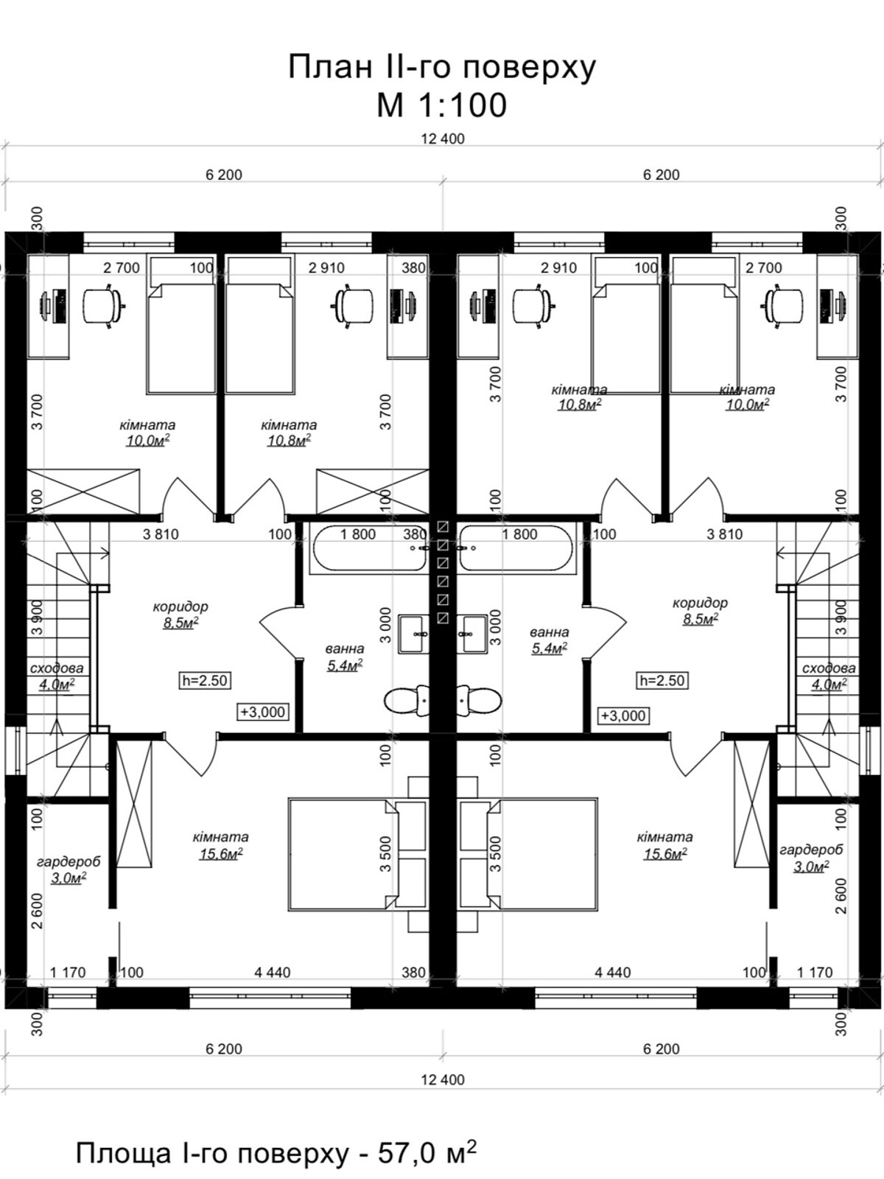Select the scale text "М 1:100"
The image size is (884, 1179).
(x=442, y=104)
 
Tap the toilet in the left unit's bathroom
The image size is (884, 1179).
(x=407, y=700)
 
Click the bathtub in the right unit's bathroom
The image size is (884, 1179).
(x=516, y=548)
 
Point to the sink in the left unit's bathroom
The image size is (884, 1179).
(x=414, y=634)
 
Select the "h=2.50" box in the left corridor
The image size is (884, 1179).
(x=205, y=681)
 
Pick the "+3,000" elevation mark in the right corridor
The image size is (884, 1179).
(x=623, y=716)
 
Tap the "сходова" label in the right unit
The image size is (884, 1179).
(x=829, y=668)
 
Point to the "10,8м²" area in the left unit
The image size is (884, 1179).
(x=289, y=441)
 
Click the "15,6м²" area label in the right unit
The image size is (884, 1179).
(x=665, y=853)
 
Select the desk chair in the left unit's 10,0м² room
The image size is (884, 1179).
(x=104, y=306)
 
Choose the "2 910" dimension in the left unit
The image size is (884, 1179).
(x=326, y=267)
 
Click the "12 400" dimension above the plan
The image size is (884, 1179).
(x=442, y=139)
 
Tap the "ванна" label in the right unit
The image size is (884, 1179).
(x=549, y=632)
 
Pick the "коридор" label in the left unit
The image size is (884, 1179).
(x=180, y=607)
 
